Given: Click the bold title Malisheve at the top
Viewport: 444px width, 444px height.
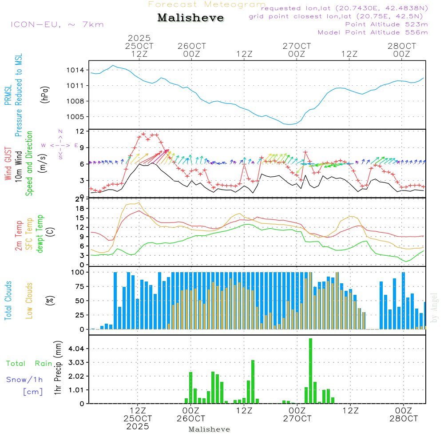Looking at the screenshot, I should tap(191, 18).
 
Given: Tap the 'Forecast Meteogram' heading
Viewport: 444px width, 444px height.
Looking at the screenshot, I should tap(207, 5).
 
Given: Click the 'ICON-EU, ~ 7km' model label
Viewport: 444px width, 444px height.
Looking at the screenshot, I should tap(57, 24).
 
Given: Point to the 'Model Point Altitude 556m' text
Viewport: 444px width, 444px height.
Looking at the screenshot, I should tap(373, 32).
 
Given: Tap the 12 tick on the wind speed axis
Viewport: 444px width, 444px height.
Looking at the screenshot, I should tap(80, 131).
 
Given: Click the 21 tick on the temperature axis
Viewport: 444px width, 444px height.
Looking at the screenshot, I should tap(80, 198).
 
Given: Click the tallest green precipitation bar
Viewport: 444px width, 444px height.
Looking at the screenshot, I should tap(311, 371).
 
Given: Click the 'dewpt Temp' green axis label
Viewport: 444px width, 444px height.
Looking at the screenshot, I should tap(40, 234).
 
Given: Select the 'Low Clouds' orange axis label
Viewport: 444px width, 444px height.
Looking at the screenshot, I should tap(30, 301).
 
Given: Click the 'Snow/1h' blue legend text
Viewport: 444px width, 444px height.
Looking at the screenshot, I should tap(25, 380).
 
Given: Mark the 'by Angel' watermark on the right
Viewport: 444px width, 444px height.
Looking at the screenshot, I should tap(435, 308).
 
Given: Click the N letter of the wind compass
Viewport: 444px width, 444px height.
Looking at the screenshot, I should tap(60, 131).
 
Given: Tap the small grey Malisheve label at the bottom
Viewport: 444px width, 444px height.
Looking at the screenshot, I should tap(210, 429).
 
